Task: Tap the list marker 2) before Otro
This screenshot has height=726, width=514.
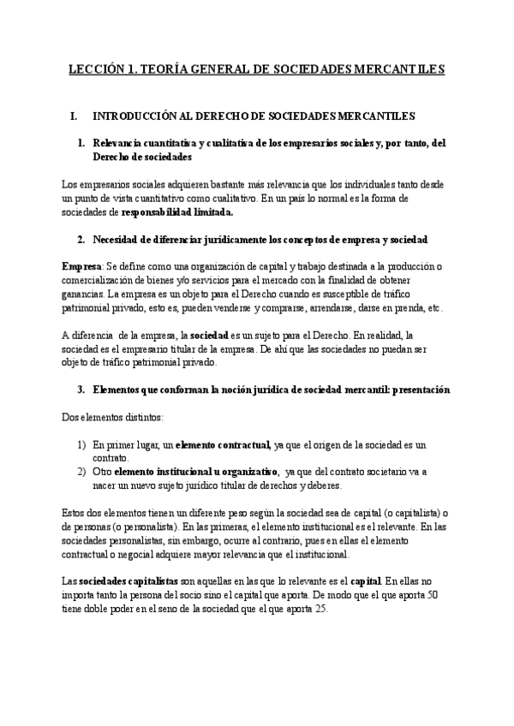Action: tap(81, 472)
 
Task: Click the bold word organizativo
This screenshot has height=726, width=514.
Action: tap(247, 472)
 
